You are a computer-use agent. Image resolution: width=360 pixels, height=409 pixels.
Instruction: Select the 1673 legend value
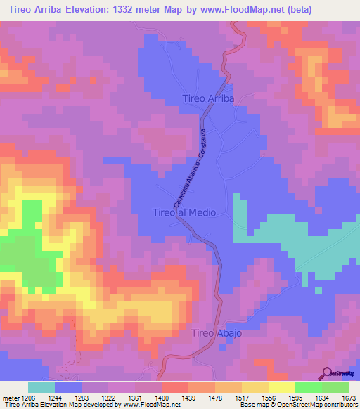tap(348, 397)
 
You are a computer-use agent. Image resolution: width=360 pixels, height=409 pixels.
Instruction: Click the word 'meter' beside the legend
tap(11, 397)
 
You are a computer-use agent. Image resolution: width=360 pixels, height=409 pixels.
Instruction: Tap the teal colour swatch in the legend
tap(41, 387)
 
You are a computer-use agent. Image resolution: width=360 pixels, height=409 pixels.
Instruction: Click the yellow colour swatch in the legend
tap(282, 387)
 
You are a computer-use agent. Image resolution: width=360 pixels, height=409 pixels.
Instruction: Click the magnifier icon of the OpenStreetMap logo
tap(328, 374)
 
